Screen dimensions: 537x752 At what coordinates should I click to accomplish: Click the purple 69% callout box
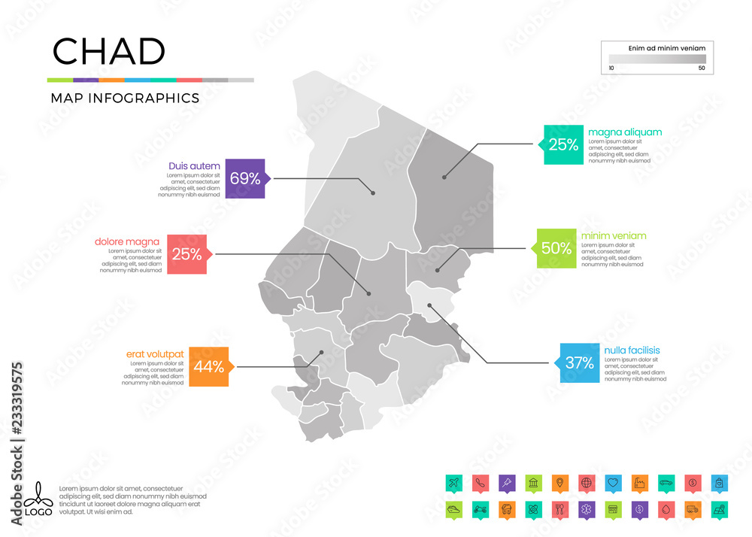(245, 178)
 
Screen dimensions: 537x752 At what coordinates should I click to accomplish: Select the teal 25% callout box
(563, 144)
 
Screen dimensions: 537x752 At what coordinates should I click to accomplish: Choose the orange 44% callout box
(208, 366)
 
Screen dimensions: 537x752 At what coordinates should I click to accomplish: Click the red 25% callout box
(186, 254)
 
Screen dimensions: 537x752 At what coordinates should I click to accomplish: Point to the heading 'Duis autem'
(195, 165)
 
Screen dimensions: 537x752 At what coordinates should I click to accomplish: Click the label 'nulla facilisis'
(632, 350)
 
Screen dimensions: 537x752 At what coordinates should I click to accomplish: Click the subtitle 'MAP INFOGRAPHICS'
(125, 98)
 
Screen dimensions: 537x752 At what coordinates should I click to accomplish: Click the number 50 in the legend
(702, 68)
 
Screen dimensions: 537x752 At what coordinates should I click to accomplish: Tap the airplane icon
(453, 481)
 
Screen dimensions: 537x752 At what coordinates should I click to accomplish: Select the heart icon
(612, 481)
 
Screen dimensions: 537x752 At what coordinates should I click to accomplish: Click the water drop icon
(666, 508)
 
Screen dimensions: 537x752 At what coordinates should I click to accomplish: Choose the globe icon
(586, 481)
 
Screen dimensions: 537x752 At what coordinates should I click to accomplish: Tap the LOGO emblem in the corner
(38, 499)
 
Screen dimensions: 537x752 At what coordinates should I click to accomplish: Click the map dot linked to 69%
(373, 193)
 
